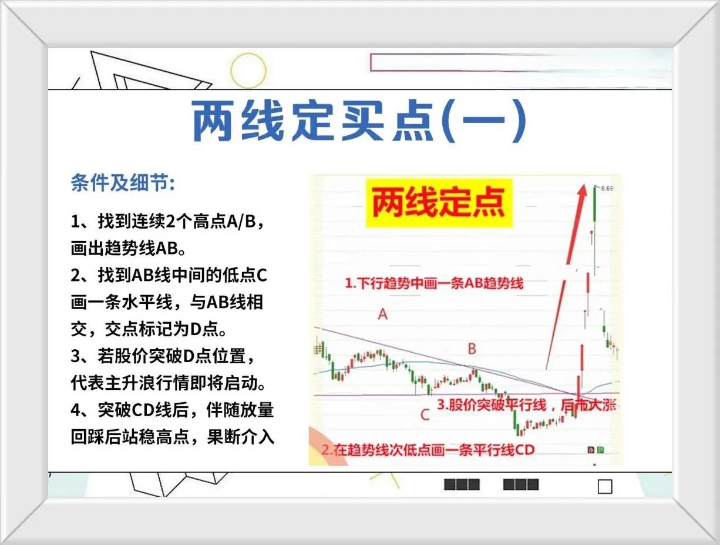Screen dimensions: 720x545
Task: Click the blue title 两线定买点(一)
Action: tap(359, 121)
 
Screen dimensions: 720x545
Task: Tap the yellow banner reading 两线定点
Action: tap(439, 202)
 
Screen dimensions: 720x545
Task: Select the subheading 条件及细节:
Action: tap(123, 182)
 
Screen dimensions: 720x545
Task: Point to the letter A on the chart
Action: tap(383, 315)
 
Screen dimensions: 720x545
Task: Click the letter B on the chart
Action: tap(472, 349)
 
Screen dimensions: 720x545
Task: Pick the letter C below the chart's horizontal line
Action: tap(425, 415)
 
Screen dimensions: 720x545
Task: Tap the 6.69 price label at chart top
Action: tap(607, 188)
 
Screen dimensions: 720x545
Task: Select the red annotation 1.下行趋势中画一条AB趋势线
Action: tap(434, 283)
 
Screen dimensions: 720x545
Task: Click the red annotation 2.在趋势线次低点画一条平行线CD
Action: tap(428, 450)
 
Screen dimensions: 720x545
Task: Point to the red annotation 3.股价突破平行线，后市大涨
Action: tap(527, 405)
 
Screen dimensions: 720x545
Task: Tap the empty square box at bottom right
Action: tap(605, 487)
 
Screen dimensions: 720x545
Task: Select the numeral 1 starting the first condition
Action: tap(75, 222)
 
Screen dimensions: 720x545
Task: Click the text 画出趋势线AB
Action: tap(129, 249)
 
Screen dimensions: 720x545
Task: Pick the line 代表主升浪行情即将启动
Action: tap(169, 383)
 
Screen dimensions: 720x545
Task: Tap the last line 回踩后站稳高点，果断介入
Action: tap(173, 437)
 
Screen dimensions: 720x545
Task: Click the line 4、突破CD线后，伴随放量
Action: tap(173, 410)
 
